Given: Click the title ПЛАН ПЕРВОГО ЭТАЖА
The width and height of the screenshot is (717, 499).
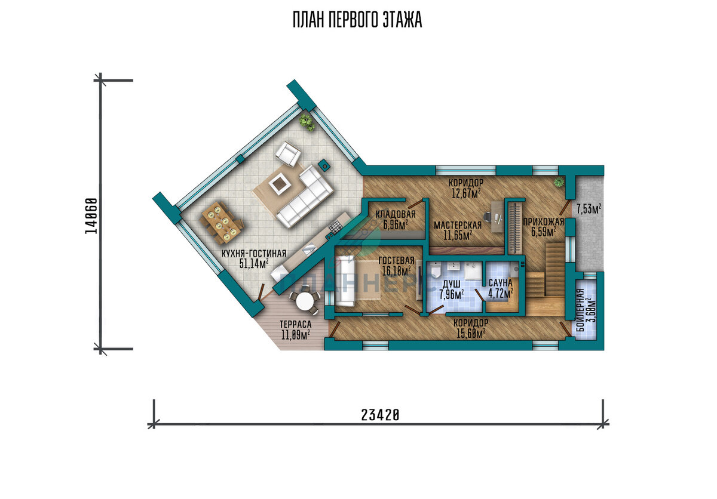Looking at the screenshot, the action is pyautogui.click(x=357, y=20).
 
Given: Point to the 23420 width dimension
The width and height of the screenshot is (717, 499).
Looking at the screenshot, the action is pyautogui.click(x=380, y=415).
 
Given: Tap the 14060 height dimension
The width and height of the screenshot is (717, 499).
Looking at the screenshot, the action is pyautogui.click(x=91, y=216).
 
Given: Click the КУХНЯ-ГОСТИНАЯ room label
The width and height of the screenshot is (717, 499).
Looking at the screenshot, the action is pyautogui.click(x=254, y=254).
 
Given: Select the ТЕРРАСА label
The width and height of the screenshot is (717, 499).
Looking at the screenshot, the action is pyautogui.click(x=295, y=324).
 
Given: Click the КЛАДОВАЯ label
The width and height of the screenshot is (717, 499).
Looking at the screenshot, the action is pyautogui.click(x=396, y=214).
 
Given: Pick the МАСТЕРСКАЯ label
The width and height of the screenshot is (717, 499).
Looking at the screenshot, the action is pyautogui.click(x=458, y=226).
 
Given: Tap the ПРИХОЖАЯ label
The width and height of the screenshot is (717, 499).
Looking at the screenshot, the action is pyautogui.click(x=543, y=222).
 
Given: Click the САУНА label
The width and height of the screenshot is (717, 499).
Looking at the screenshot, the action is pyautogui.click(x=501, y=283).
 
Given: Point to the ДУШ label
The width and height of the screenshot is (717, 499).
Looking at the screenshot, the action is pyautogui.click(x=452, y=284).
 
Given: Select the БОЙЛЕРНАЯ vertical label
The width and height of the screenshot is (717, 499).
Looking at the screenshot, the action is pyautogui.click(x=580, y=310).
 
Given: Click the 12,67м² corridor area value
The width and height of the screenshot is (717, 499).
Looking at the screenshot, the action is pyautogui.click(x=466, y=193).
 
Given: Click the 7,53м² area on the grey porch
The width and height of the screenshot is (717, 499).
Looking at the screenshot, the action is pyautogui.click(x=589, y=210).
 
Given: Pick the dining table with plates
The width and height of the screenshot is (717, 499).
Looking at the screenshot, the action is pyautogui.click(x=222, y=222).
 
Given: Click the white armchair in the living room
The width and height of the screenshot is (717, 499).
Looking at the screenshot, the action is pyautogui.click(x=288, y=154).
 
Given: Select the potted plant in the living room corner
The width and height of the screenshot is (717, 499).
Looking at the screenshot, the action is pyautogui.click(x=307, y=123).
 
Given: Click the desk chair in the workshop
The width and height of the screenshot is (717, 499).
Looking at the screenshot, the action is pyautogui.click(x=487, y=217).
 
